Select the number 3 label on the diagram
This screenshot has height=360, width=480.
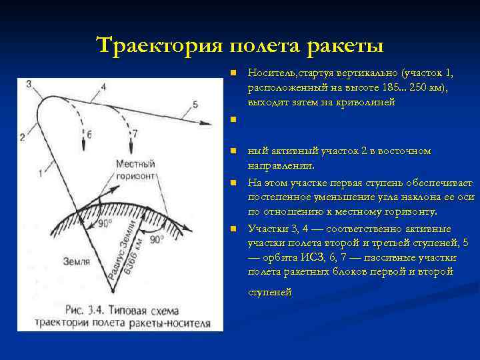[x=29, y=84]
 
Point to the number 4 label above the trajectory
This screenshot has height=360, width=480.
[x=85, y=84]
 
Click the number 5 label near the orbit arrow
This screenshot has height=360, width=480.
[x=195, y=104]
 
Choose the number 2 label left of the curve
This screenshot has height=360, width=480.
[x=22, y=137]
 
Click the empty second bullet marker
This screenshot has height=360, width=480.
[x=231, y=120]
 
